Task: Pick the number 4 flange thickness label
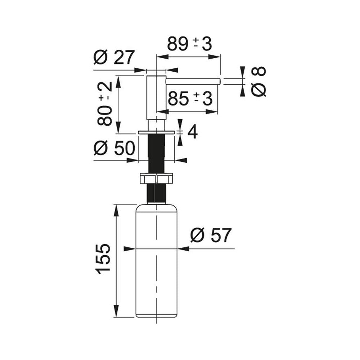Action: tap(193, 132)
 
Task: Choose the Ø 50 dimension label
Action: tap(114, 148)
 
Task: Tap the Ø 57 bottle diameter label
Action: tap(211, 236)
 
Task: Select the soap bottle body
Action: tap(156, 263)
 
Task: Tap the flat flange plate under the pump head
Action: tap(156, 132)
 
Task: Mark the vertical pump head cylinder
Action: tap(156, 97)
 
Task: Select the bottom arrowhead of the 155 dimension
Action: tap(116, 312)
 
